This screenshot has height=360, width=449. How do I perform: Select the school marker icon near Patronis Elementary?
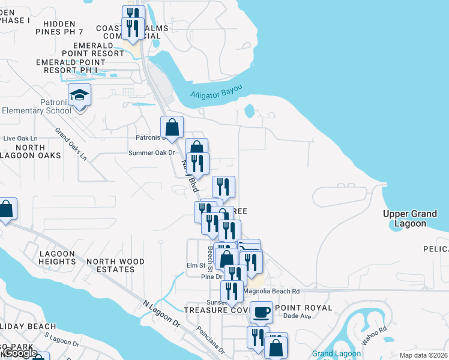click(x=79, y=96)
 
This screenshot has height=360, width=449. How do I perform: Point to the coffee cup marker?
click(x=261, y=312)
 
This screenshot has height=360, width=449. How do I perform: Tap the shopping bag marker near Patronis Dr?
click(x=172, y=127)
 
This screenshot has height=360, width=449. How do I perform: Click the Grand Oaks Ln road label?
click(x=71, y=144)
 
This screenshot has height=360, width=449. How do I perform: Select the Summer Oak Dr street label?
click(x=151, y=152)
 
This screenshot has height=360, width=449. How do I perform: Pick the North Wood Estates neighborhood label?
click(x=115, y=265)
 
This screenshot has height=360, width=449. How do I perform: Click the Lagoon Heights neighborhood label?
click(x=57, y=257)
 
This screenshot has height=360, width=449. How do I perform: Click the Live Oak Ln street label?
click(x=20, y=138)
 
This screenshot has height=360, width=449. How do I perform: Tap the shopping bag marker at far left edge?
click(x=7, y=209)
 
